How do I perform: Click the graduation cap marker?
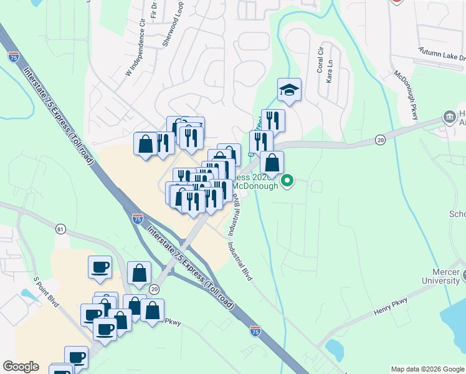(290, 90)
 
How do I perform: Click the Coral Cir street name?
(321, 59)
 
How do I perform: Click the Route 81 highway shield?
(60, 229)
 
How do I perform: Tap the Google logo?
(21, 367)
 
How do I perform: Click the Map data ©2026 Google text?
(427, 369)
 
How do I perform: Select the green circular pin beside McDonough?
(287, 181)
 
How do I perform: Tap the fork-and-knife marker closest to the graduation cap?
(273, 120)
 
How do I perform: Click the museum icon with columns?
(449, 117)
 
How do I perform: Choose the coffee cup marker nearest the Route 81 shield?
(100, 267)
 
